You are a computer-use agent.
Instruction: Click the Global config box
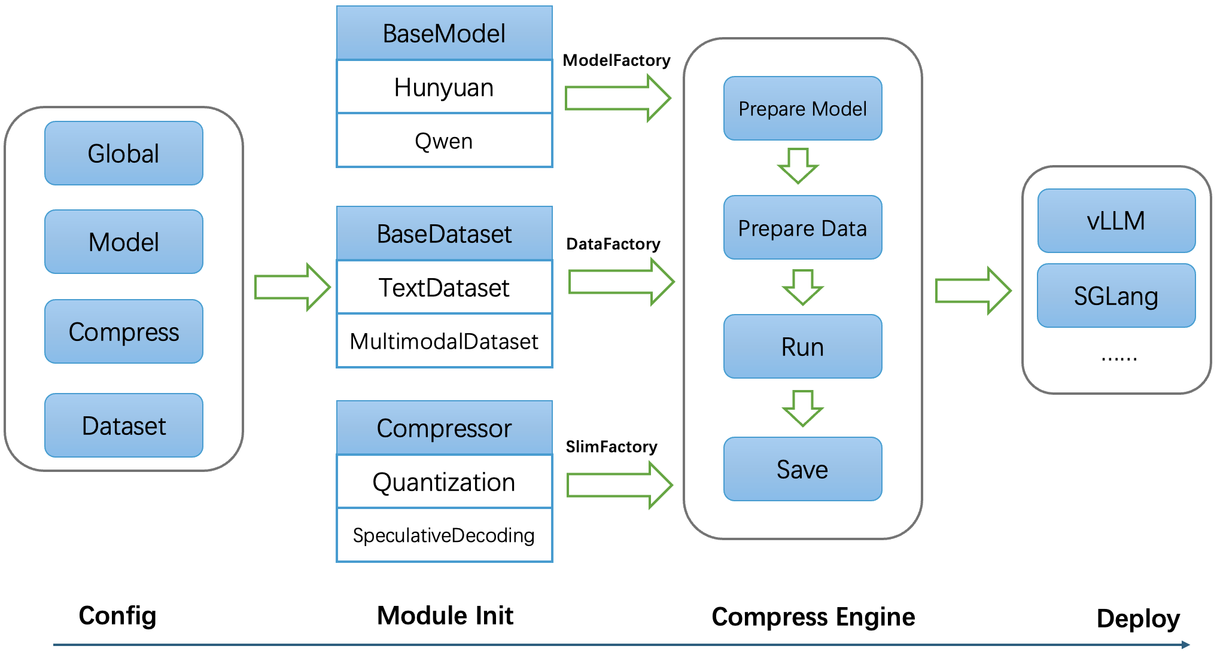point(124,153)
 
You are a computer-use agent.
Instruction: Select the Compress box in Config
point(124,331)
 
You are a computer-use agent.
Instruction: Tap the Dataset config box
point(124,425)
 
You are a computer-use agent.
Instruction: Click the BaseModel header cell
point(445,33)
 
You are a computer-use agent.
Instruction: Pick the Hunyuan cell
point(445,87)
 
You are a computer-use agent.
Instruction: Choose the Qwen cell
point(445,141)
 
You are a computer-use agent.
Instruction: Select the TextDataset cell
point(445,287)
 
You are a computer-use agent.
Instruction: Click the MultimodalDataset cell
point(445,341)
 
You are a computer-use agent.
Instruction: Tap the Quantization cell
point(445,482)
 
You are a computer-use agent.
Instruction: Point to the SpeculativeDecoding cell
point(445,535)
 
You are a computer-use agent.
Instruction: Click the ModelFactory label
point(617,60)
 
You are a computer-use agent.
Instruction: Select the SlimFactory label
point(611,447)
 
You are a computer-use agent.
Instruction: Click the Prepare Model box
point(803,108)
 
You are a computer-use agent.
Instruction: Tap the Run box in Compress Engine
point(803,346)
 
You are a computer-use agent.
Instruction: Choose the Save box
point(803,469)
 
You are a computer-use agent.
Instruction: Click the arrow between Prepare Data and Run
point(803,287)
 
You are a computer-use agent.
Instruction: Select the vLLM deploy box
point(1116,221)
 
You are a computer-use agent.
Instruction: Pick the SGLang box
point(1116,295)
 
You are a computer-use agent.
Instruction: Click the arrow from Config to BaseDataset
point(293,287)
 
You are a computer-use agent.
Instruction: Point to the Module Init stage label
point(445,616)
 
